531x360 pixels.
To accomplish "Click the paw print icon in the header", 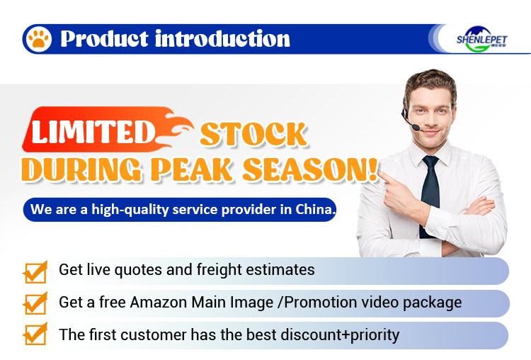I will (x=38, y=38).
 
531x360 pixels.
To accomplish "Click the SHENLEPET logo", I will (x=482, y=38).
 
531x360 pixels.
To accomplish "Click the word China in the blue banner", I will (x=315, y=210).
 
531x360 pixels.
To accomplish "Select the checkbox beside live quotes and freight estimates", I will (x=35, y=271).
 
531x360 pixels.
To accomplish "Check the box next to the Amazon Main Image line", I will (x=35, y=303).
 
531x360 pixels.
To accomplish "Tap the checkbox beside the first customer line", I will (x=35, y=334).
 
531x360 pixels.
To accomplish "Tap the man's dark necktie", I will (x=430, y=191).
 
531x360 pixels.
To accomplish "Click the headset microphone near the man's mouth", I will (x=413, y=128).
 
